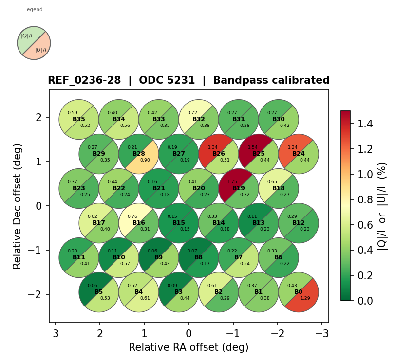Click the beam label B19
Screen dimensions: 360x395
(239, 188)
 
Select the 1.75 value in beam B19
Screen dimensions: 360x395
(232, 182)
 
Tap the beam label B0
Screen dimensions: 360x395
(299, 292)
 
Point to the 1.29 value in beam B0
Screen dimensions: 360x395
(305, 298)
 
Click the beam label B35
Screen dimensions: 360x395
(79, 119)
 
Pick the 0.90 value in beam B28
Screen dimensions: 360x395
(145, 160)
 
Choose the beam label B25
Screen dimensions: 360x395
(259, 154)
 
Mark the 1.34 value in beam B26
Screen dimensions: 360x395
(212, 147)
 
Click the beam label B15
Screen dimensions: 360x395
(179, 223)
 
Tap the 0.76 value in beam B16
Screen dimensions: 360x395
(132, 216)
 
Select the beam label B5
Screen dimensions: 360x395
(99, 292)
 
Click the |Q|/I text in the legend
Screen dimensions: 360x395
(26, 36)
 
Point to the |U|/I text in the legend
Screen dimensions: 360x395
(41, 50)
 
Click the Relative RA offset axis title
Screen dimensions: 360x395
(188, 347)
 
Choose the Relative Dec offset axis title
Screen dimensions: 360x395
(18, 206)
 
